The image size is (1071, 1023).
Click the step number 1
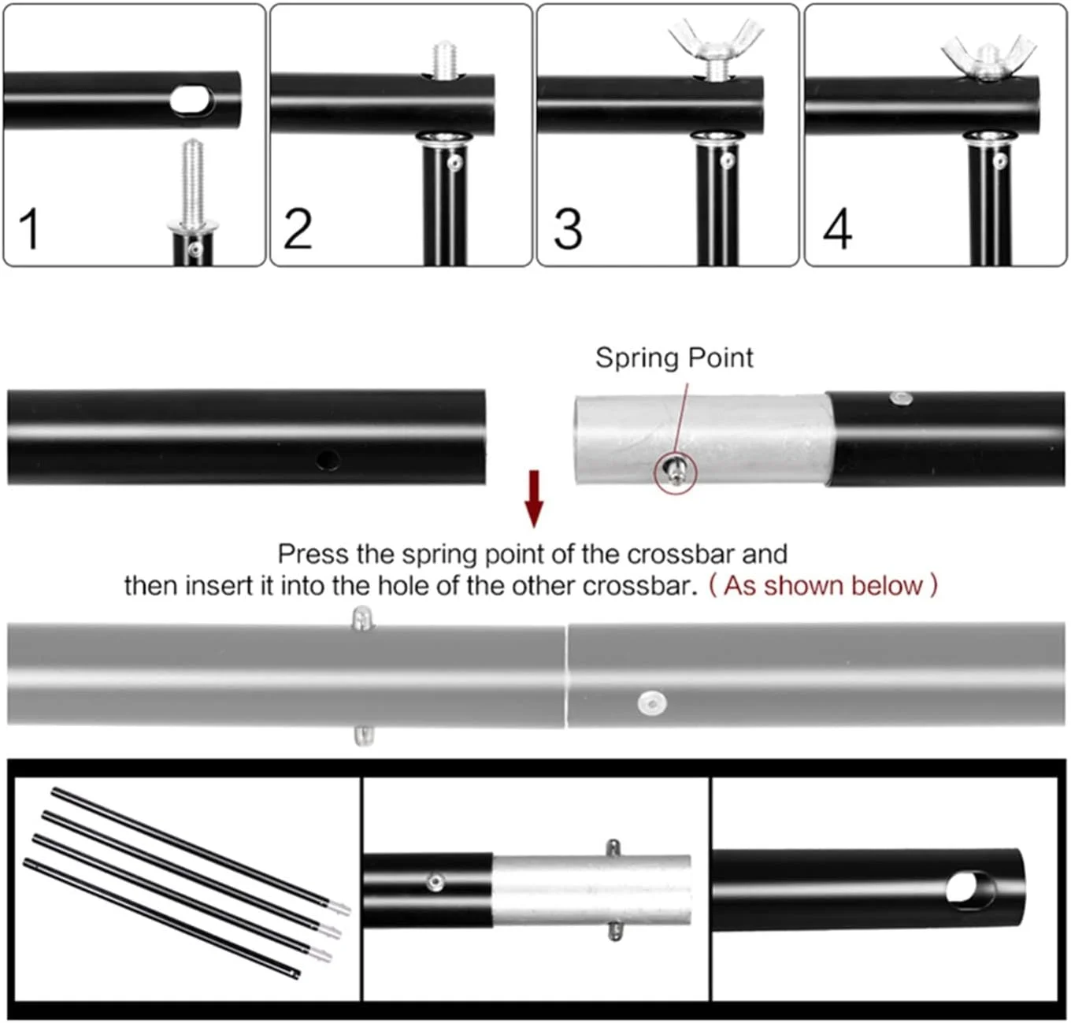(x=30, y=228)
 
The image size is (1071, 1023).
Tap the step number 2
(x=298, y=228)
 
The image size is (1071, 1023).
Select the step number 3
(x=568, y=228)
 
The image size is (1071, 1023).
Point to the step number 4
(x=837, y=228)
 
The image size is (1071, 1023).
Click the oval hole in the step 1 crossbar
(x=191, y=99)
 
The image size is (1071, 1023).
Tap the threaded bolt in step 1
(x=193, y=183)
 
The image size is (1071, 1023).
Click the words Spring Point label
(x=674, y=358)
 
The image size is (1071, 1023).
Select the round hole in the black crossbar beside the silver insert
(x=328, y=459)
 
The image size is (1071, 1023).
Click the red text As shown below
(x=823, y=585)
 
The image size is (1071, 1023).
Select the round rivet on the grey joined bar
(x=652, y=703)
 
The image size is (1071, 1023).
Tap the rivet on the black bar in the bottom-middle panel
(x=435, y=883)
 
